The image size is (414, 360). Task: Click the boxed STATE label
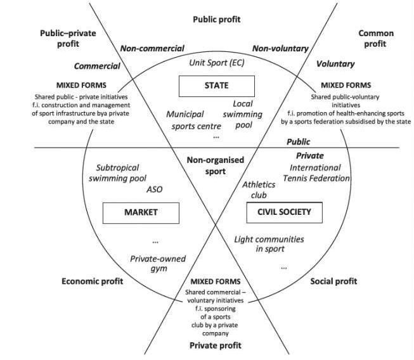pyautogui.click(x=216, y=86)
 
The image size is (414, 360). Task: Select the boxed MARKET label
pyautogui.click(x=141, y=212)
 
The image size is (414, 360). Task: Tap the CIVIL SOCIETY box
pyautogui.click(x=284, y=212)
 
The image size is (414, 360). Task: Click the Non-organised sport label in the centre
pyautogui.click(x=216, y=165)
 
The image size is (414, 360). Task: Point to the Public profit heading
pyautogui.click(x=217, y=20)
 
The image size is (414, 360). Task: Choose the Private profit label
pyautogui.click(x=216, y=345)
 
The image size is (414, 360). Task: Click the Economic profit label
pyautogui.click(x=92, y=281)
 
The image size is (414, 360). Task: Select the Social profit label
pyautogui.click(x=333, y=281)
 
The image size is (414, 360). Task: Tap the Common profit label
pyautogui.click(x=376, y=39)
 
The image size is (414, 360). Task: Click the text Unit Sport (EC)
pyautogui.click(x=217, y=63)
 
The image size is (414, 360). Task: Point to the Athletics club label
pyautogui.click(x=259, y=190)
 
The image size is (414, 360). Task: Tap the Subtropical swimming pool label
pyautogui.click(x=122, y=174)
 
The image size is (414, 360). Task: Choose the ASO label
pyautogui.click(x=155, y=189)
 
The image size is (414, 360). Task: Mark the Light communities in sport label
pyautogui.click(x=269, y=244)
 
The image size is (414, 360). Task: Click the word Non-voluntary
pyautogui.click(x=280, y=48)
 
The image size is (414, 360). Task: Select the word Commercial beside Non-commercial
pyautogui.click(x=97, y=66)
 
